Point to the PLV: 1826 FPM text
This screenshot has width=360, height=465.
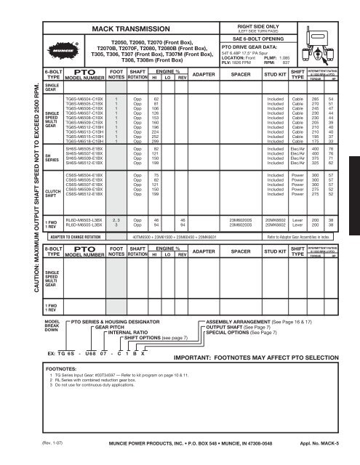pyautogui.click(x=236, y=62)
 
